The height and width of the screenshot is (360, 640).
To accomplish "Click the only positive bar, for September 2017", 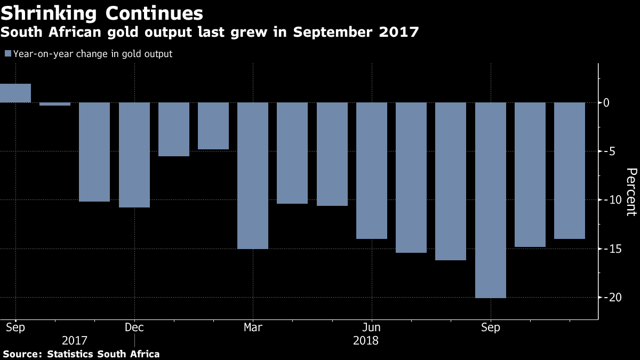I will point(15,93).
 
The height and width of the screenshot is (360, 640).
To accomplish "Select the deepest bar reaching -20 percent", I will point(491,200).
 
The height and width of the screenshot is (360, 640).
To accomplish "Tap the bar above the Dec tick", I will point(134,155).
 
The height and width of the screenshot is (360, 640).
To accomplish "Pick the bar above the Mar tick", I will point(253,175).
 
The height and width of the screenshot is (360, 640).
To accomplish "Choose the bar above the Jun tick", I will point(372,171).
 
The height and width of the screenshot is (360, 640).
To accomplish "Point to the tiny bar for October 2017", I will point(55,104).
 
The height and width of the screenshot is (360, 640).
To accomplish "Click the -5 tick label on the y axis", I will point(611,151).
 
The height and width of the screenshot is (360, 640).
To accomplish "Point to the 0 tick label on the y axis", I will point(614,102).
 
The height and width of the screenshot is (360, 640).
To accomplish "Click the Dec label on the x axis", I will point(134,327).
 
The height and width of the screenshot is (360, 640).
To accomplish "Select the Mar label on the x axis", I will point(253,327).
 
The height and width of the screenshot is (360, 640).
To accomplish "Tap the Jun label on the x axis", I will point(372,327).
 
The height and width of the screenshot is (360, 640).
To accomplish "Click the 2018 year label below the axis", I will point(366,340).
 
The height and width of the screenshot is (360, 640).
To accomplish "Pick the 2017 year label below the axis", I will point(75,340).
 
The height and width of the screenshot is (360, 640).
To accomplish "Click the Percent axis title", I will point(631,192).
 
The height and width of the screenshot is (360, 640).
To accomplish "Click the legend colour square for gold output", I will point(8,54).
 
